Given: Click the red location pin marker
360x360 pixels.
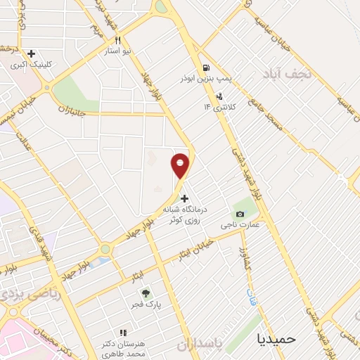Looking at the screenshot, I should click(181, 165).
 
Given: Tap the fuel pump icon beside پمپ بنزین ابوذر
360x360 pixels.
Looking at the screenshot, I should click(205, 68).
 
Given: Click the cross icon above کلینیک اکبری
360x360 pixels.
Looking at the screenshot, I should click(31, 53).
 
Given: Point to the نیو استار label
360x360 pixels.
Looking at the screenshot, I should click(118, 51).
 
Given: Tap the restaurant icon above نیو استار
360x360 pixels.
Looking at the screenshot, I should click(118, 40).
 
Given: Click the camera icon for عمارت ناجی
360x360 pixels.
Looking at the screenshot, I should click(240, 214).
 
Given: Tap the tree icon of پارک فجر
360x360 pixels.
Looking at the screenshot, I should click(146, 293).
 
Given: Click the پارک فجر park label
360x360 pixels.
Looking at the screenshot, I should click(146, 305).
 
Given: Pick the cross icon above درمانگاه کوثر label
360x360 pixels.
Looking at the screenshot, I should click(185, 198).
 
